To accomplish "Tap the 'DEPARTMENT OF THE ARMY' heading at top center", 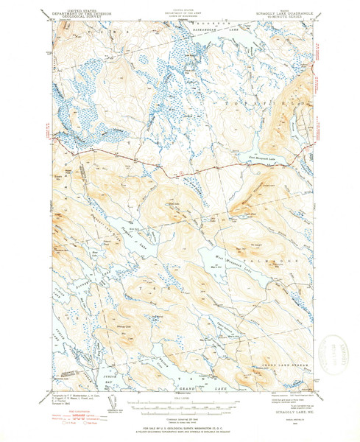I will [181, 10].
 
